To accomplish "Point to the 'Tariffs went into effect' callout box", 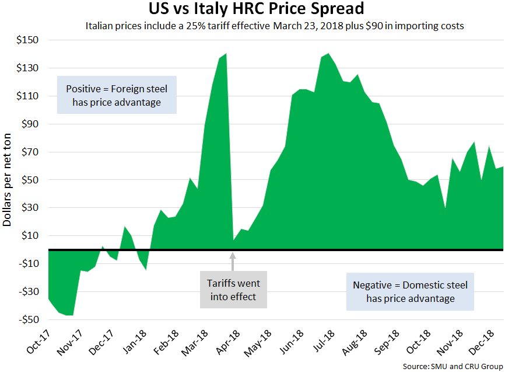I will coord(233,290).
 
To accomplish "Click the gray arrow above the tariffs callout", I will coord(233,260).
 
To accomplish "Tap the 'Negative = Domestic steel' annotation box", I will coord(410,291).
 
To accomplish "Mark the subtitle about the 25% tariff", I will coord(275,26).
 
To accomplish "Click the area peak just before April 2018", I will coord(226,54).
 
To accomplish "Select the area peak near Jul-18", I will coord(328,54).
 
